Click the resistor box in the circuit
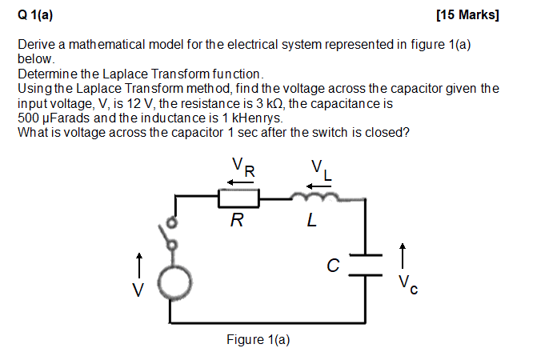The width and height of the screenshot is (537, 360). pyautogui.click(x=237, y=198)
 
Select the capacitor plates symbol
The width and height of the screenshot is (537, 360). pyautogui.click(x=365, y=265)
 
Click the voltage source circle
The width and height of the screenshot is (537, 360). pyautogui.click(x=173, y=280)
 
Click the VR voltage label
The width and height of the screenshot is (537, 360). pyautogui.click(x=243, y=166)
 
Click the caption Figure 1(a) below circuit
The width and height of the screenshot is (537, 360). pyautogui.click(x=258, y=340)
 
